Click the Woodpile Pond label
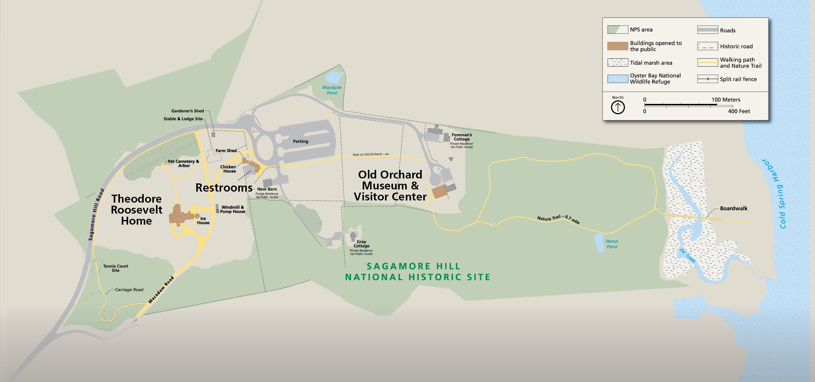(x=332, y=90)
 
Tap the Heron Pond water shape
(x=599, y=243)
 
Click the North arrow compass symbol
(x=617, y=107)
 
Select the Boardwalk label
(x=733, y=208)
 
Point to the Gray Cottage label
(x=361, y=244)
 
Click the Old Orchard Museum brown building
(x=439, y=192)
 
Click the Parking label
(x=300, y=141)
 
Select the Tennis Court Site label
(x=116, y=268)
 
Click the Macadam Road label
(x=161, y=290)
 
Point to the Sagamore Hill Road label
(x=96, y=215)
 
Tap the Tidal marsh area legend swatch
(x=617, y=63)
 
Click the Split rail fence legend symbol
(x=707, y=79)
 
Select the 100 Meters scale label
(x=726, y=100)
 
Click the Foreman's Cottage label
(x=461, y=137)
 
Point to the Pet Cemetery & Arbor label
(x=183, y=163)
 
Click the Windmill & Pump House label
(x=232, y=209)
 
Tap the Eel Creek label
(x=688, y=256)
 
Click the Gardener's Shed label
(x=187, y=111)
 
